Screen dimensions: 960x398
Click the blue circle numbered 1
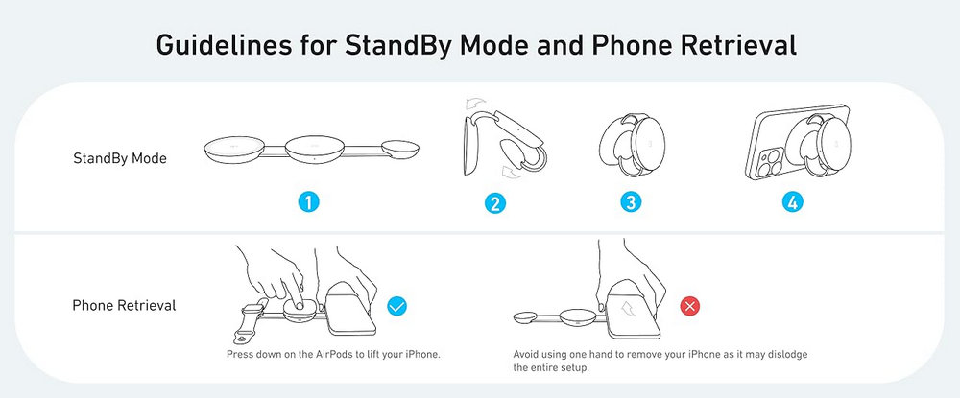(x=308, y=202)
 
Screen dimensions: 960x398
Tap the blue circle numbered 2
(x=494, y=203)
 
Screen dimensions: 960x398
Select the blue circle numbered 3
(x=631, y=202)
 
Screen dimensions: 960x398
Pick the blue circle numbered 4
(x=792, y=202)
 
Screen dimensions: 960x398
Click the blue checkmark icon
(x=397, y=306)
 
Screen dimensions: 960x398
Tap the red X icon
(x=690, y=306)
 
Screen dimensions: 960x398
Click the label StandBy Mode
(x=120, y=158)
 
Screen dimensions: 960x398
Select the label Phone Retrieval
(x=124, y=305)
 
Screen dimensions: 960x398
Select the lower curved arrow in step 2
(x=510, y=174)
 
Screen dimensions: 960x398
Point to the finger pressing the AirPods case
(x=297, y=297)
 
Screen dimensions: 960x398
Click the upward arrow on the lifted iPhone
(x=628, y=305)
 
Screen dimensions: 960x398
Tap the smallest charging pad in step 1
(x=399, y=151)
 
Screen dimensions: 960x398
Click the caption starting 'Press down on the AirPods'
(x=334, y=354)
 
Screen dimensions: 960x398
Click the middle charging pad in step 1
(x=315, y=151)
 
